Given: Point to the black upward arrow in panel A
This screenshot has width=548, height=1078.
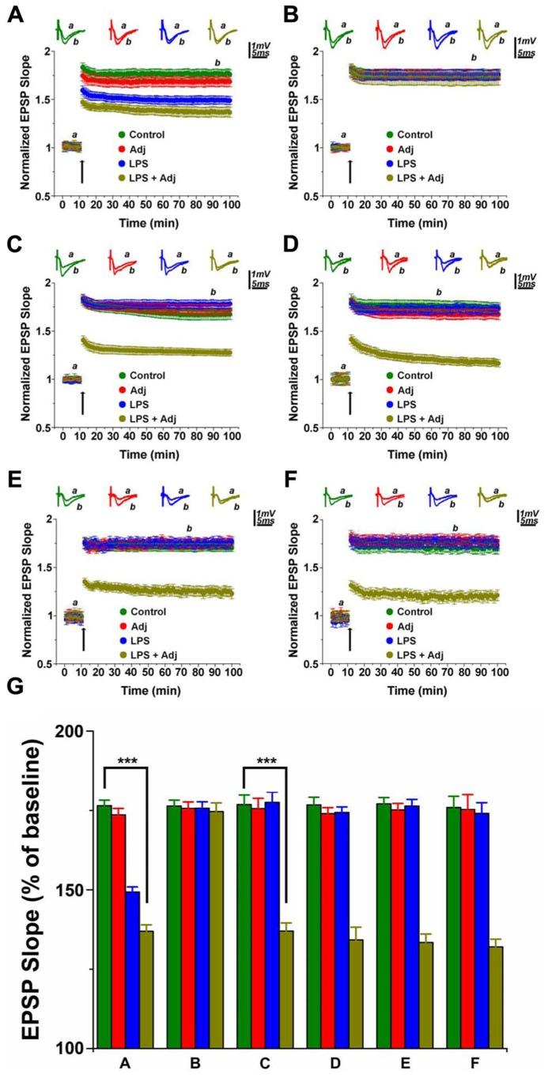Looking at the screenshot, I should tap(81, 171).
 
